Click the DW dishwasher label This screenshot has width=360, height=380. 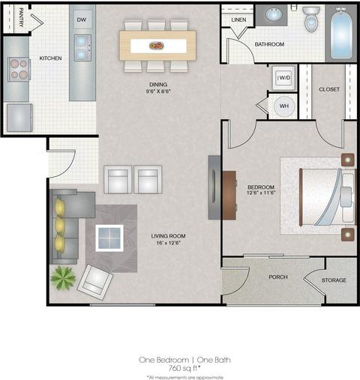(82, 19)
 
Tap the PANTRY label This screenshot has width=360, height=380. (21, 17)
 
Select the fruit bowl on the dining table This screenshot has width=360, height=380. (157, 46)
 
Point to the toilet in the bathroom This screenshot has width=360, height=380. (311, 19)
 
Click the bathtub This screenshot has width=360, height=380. (341, 34)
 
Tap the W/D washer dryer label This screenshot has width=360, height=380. (285, 78)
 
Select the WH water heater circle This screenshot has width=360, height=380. (284, 106)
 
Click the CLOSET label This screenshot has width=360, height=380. (329, 89)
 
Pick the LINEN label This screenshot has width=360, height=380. (238, 19)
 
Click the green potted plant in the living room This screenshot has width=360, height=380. (63, 277)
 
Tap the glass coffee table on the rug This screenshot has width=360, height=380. (109, 238)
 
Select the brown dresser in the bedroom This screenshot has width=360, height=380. (229, 195)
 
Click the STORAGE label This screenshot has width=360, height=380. (334, 280)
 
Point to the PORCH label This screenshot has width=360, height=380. (278, 277)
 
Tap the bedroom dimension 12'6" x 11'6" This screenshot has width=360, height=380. (261, 193)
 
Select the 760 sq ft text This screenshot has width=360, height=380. (184, 368)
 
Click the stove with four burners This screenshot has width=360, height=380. (19, 69)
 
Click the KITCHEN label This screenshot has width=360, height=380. (50, 58)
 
